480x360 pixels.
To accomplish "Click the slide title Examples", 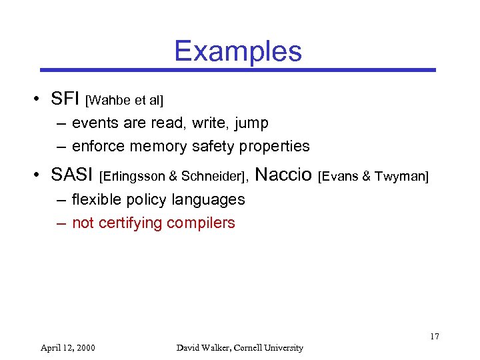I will click(238, 51).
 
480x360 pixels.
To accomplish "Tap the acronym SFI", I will click(65, 99).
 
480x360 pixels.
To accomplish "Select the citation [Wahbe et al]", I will click(125, 101).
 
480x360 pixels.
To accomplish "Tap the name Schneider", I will click(213, 177).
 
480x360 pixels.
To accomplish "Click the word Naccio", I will click(283, 175).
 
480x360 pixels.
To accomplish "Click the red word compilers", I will click(201, 223).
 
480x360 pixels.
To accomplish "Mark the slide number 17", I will click(434, 336).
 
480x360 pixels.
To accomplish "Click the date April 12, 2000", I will click(67, 347).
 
